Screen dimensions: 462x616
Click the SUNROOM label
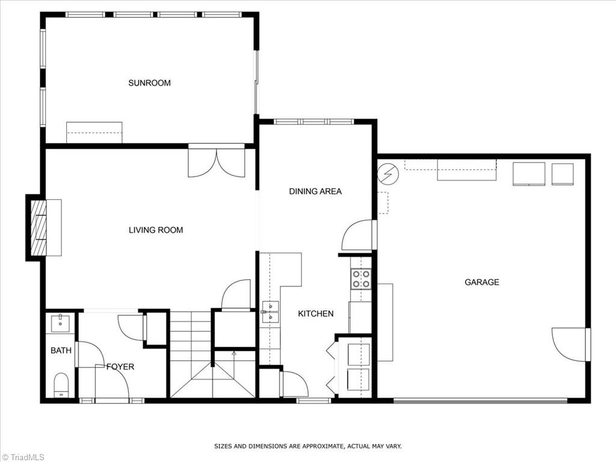click(149, 83)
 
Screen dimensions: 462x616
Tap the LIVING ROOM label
click(156, 230)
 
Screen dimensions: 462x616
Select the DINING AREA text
click(315, 191)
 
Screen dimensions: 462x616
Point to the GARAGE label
click(482, 282)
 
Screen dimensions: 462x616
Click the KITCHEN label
click(316, 313)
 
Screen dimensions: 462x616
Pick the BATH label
click(61, 350)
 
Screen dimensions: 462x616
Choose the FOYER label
click(120, 366)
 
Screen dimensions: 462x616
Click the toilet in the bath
click(61, 384)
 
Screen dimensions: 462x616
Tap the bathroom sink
click(61, 324)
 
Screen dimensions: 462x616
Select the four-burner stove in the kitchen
click(361, 279)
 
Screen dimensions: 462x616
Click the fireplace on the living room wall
click(38, 227)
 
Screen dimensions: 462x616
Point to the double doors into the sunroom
click(217, 161)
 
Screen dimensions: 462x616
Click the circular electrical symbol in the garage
click(388, 174)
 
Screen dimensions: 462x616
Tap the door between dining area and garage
click(359, 235)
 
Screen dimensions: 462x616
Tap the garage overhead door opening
click(480, 399)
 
